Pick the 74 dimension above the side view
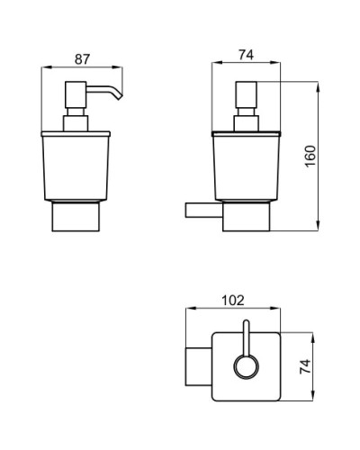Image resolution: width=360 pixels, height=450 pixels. click(243, 55)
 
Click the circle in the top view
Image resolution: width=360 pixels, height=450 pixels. click(244, 366)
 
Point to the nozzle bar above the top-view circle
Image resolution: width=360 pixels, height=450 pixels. click(244, 337)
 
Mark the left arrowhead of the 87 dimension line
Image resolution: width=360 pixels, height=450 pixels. click(46, 67)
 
